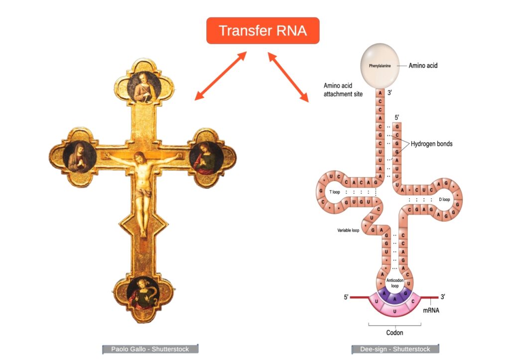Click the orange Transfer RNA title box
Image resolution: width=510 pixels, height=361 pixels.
[x=262, y=31]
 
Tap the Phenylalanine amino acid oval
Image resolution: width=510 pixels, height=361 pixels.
[x=380, y=65]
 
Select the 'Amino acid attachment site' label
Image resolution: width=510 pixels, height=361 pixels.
[x=343, y=89]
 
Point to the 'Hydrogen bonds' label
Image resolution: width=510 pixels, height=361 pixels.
[x=431, y=144]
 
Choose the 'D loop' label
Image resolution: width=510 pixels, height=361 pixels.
[x=444, y=199]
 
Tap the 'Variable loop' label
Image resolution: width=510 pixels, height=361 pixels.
[x=348, y=231]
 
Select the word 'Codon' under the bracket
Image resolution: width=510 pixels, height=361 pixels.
[x=394, y=332]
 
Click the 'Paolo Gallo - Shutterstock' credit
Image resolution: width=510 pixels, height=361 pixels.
[x=150, y=349]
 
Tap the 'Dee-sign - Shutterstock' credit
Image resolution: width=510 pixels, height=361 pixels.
[x=395, y=349]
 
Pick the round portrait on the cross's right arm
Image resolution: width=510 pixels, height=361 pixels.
[x=206, y=158]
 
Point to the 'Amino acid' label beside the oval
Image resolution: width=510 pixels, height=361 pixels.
[x=423, y=65]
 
